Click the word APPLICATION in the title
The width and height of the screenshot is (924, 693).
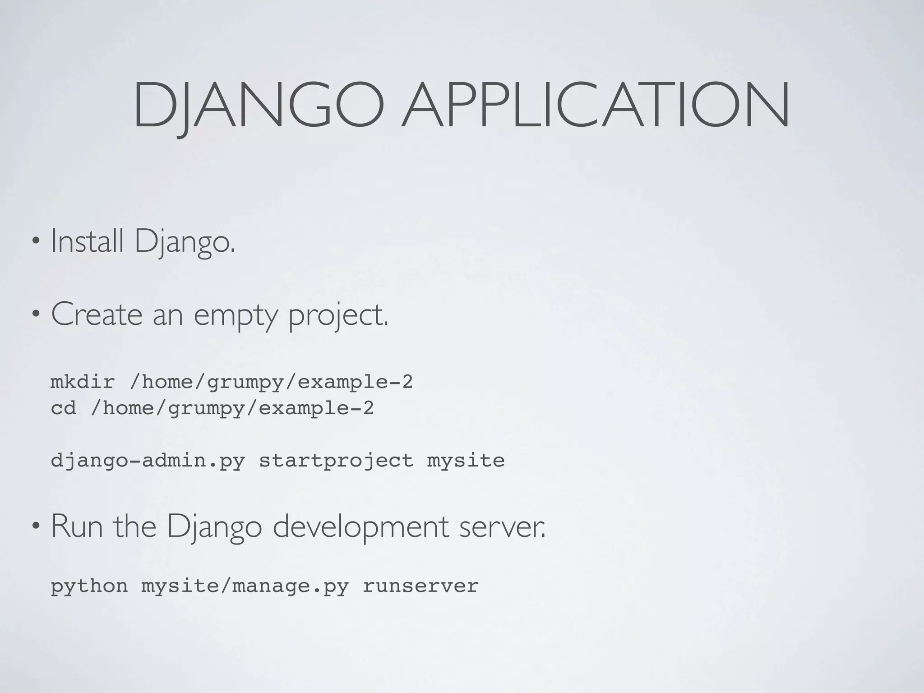(x=596, y=105)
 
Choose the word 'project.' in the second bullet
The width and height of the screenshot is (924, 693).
(x=338, y=315)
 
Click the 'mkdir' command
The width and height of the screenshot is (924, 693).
(x=83, y=382)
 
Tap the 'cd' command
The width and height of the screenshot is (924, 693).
(x=63, y=408)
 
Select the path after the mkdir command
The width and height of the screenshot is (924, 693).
(x=271, y=382)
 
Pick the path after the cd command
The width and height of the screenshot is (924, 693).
(x=232, y=408)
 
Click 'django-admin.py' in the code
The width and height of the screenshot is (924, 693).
(x=148, y=461)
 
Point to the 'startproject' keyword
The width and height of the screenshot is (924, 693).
(x=336, y=461)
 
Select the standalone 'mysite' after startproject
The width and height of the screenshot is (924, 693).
(x=466, y=461)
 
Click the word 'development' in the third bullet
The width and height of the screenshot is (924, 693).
(x=361, y=527)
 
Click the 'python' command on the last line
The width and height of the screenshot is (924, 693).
(x=89, y=586)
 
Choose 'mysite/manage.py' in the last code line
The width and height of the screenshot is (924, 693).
(x=245, y=586)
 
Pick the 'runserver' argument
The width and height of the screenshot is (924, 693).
(x=420, y=586)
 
